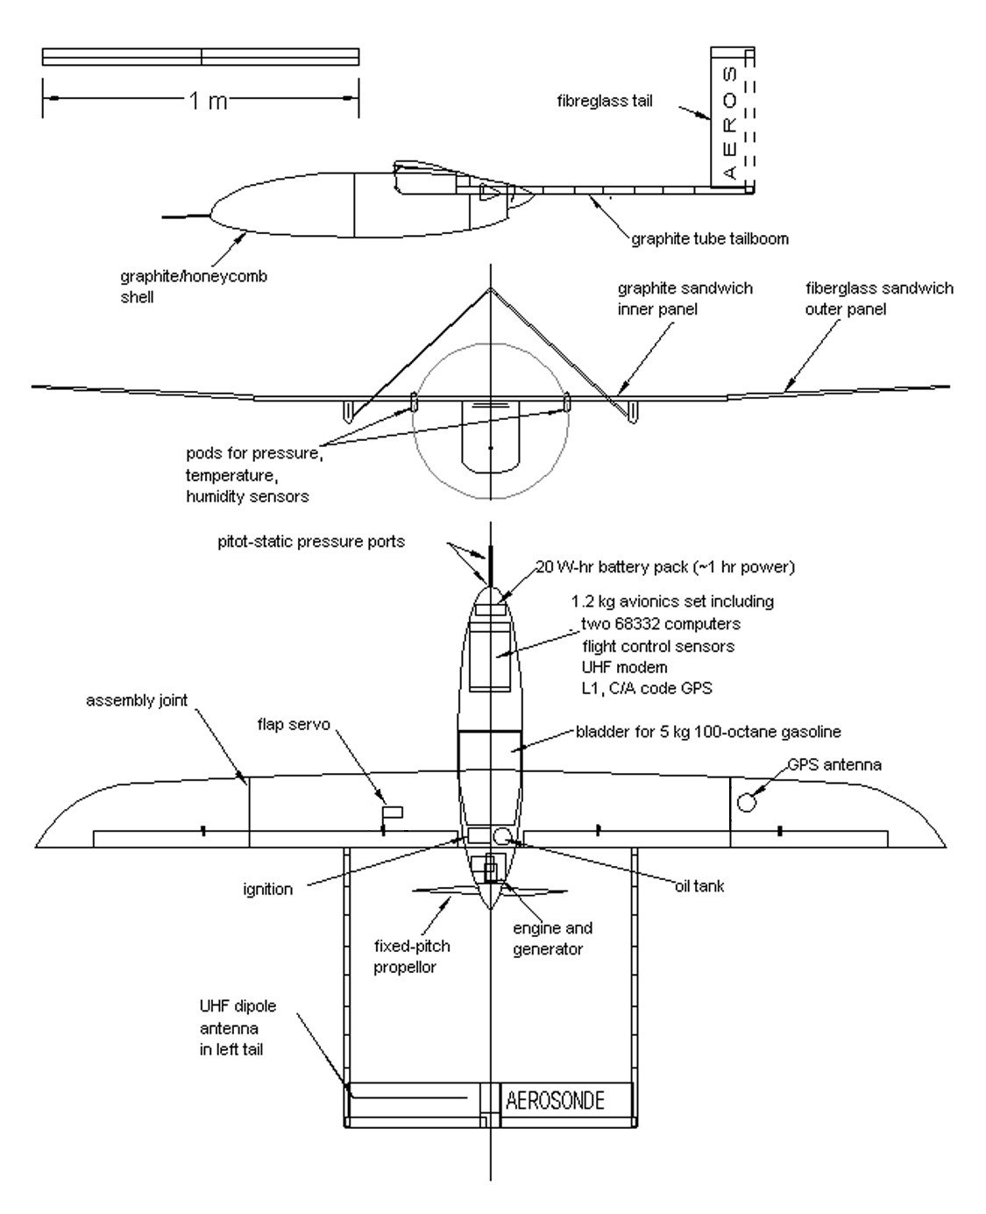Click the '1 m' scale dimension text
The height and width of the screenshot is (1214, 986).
(x=208, y=101)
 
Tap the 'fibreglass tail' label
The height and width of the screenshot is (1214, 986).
(x=605, y=101)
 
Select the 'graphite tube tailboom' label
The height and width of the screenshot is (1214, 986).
(x=710, y=238)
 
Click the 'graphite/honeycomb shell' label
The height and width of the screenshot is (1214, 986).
(x=193, y=287)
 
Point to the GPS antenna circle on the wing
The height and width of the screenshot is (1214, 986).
(x=747, y=803)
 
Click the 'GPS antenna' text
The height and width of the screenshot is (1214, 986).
(x=834, y=765)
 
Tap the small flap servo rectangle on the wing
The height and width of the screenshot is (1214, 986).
(x=394, y=813)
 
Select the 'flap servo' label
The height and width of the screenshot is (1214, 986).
(x=294, y=724)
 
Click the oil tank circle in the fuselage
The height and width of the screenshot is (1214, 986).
(x=501, y=836)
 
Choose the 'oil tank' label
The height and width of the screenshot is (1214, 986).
(x=699, y=886)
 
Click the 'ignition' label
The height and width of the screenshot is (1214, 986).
(x=268, y=889)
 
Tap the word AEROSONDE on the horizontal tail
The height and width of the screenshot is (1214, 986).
(x=555, y=1101)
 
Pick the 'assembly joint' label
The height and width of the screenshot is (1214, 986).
(x=137, y=700)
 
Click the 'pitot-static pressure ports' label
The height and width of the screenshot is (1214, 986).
(x=311, y=542)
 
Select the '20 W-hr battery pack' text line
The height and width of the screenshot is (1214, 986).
(x=665, y=567)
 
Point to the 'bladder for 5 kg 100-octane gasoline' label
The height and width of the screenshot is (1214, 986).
(x=708, y=732)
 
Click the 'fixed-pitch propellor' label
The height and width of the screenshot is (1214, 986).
(x=412, y=957)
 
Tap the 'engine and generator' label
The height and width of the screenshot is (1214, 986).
(x=552, y=939)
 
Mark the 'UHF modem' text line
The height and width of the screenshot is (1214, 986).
(x=624, y=667)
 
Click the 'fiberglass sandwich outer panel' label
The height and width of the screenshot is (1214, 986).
(x=879, y=299)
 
